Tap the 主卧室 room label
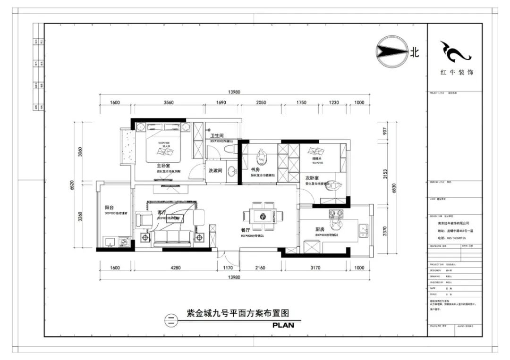[x=164, y=166]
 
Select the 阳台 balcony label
[x=109, y=207]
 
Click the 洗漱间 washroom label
[x=215, y=171]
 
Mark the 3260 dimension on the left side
[x=80, y=217]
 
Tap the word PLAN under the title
[x=283, y=325]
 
